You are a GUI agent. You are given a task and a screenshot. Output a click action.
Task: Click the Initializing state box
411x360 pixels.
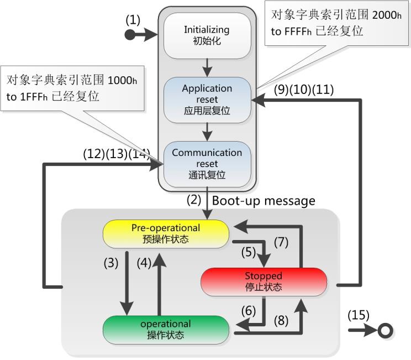[x=207, y=34]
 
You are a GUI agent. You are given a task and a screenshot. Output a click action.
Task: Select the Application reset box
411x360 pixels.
[x=207, y=100]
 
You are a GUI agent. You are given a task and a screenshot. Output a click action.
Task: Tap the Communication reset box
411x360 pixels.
[x=207, y=164]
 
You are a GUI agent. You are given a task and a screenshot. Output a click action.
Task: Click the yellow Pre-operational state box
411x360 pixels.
[x=166, y=233]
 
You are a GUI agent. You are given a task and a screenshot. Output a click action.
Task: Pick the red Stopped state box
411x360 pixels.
[x=263, y=281]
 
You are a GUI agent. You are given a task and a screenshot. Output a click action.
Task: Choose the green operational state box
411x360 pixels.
[x=166, y=329]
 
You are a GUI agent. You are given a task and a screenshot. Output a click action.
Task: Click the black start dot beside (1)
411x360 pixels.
[x=130, y=35]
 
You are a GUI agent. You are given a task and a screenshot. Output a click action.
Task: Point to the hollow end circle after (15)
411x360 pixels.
[x=385, y=331]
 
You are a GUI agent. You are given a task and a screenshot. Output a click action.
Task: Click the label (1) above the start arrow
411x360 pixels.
[x=133, y=20]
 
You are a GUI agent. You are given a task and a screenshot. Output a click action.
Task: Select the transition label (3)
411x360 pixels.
[x=112, y=263]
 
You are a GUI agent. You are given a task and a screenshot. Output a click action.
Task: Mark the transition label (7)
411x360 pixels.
[x=282, y=242]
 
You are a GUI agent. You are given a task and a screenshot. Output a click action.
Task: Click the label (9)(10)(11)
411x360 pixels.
[x=303, y=90]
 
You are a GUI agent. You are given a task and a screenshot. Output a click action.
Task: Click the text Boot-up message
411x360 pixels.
[x=264, y=200]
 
